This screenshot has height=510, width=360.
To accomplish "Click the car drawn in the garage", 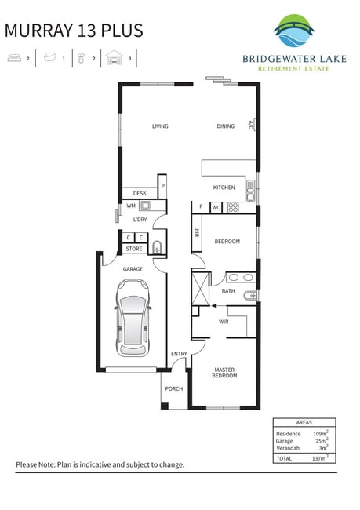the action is coord(133,318).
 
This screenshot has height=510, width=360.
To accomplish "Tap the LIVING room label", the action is coord(160,126).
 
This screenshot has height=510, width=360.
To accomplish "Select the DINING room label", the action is coord(226,126).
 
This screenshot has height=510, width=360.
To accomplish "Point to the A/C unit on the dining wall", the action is coord(253,125).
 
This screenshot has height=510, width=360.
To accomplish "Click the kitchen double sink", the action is coord(250,191).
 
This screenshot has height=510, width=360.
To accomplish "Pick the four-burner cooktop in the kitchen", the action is coord(233,207).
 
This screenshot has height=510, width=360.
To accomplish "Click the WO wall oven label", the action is coord(216,208).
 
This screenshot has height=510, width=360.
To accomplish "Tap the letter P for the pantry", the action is coord(162,187).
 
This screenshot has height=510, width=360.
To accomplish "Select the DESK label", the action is coord(140,193).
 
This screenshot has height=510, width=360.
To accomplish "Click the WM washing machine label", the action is coord(131,206).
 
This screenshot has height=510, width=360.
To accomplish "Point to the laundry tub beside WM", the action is coord(145,206).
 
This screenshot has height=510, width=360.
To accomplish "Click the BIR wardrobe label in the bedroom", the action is coord(197,233).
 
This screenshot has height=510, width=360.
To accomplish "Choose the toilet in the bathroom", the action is coord(249,296).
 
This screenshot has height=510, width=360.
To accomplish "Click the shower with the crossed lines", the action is coord(201,289).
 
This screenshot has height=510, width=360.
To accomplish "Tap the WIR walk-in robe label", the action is coord(224,322).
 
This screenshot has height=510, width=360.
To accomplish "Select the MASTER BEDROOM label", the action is coord(224,373).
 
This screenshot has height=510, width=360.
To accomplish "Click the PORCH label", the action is coord(174,388).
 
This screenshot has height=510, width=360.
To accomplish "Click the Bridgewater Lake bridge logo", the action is coord(294,31).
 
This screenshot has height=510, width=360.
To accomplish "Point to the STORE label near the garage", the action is coord(134,249).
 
